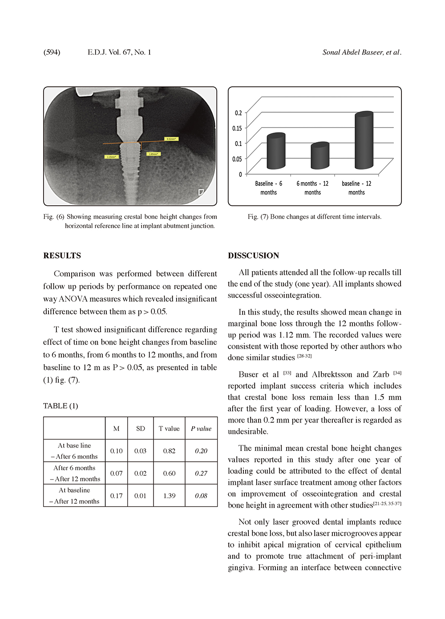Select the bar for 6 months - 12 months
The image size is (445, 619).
tap(320, 156)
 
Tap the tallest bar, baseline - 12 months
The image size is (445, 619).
tap(364, 141)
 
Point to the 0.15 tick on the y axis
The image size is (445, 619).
tap(237, 128)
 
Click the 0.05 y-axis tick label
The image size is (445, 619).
tap(237, 159)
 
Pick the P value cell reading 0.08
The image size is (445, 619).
tap(201, 496)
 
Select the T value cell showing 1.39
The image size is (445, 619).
tap(169, 496)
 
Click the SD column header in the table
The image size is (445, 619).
tap(140, 428)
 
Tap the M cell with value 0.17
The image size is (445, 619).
tap(116, 496)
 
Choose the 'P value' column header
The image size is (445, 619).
tap(201, 428)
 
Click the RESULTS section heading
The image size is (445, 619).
tap(62, 256)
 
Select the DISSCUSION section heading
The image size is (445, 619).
tap(253, 256)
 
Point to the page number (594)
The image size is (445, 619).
tap(52, 52)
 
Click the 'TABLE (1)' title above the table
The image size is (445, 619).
tap(61, 406)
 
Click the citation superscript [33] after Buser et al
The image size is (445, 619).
tap(287, 373)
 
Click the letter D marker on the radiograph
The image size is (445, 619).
tap(201, 192)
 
